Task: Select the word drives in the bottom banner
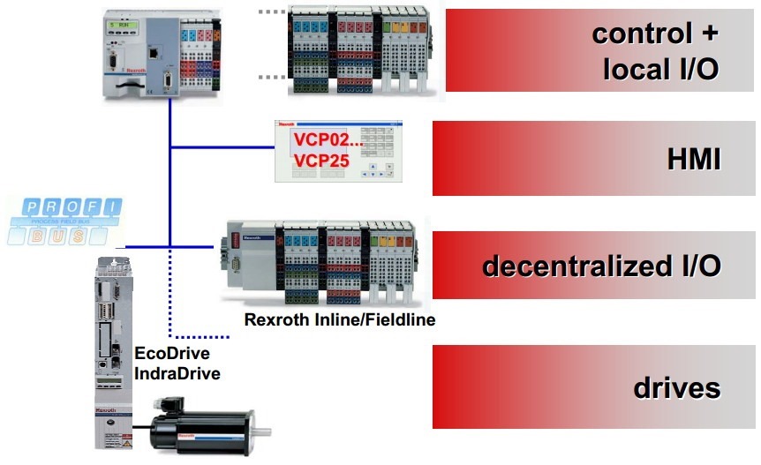pos(677,388)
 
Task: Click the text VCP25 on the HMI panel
pos(321,161)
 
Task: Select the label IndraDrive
pos(177,373)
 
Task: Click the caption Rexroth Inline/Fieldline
pos(341,319)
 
